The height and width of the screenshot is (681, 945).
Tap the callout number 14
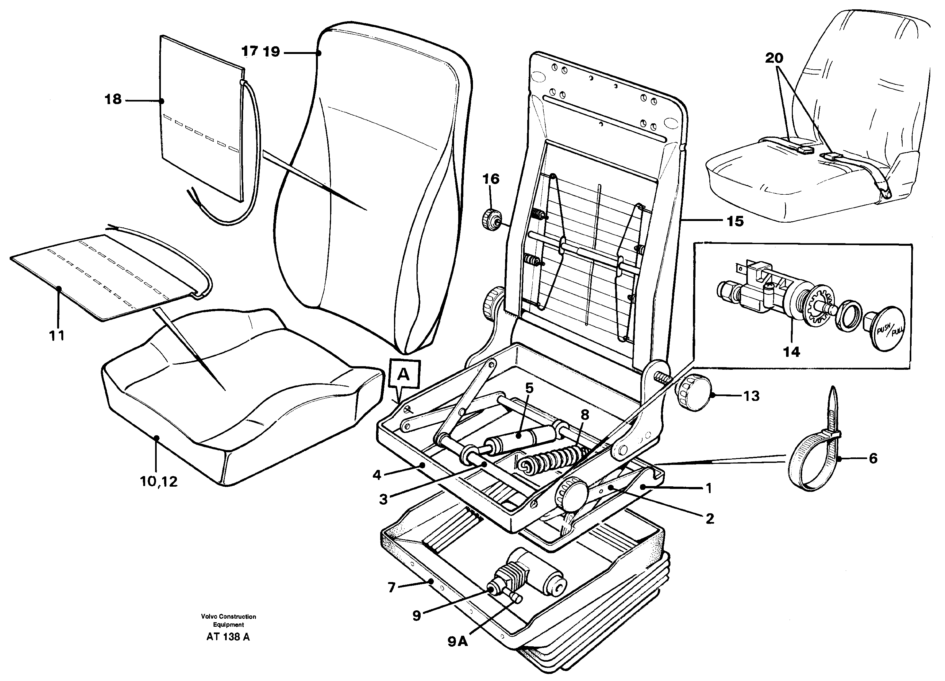pyautogui.click(x=791, y=352)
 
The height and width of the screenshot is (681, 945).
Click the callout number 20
pyautogui.click(x=774, y=58)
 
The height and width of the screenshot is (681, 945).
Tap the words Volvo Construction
pyautogui.click(x=228, y=616)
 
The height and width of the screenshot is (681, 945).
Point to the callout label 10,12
pyautogui.click(x=159, y=482)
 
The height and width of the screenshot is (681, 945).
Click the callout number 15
pyautogui.click(x=735, y=221)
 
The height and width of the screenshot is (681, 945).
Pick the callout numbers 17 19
pyautogui.click(x=261, y=52)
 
